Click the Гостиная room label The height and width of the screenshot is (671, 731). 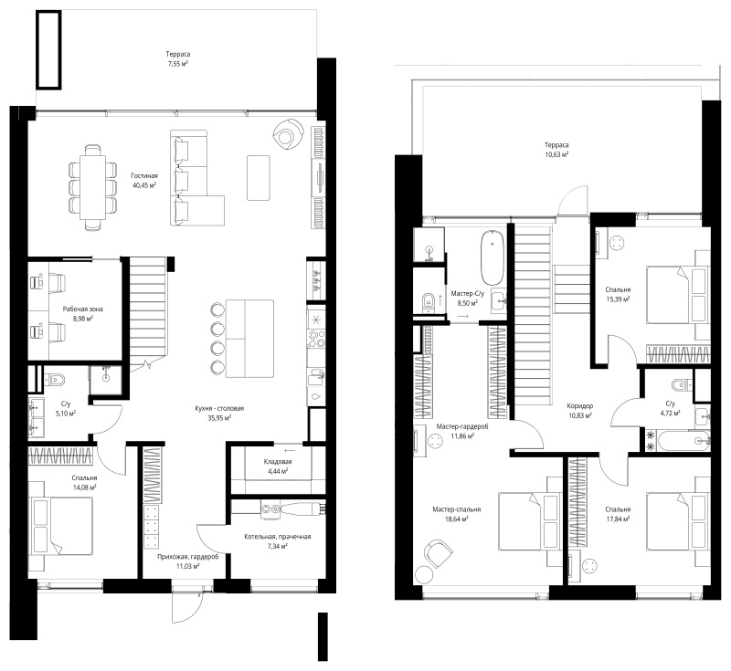point(144,175)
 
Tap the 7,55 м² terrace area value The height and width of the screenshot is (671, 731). point(178,63)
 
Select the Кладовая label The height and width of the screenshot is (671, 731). point(278,461)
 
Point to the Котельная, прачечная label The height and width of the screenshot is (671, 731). point(278,537)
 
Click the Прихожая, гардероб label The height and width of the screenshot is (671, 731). point(188,557)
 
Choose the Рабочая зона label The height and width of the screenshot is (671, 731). point(83,309)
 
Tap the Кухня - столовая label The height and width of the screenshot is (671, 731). point(219,408)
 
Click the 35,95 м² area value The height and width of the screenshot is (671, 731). point(219,418)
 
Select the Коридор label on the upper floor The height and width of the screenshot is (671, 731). point(580,405)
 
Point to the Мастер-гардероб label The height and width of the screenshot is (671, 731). point(462,426)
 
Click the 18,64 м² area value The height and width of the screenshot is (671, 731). point(456,519)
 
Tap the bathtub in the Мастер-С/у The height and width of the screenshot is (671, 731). point(493,257)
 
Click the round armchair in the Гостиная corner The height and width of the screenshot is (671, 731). point(288,133)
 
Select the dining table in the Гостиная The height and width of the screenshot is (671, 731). point(93,187)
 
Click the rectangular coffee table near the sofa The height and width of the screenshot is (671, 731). point(259,178)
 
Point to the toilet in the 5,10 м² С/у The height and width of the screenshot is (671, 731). point(55,379)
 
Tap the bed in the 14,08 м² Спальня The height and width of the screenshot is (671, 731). point(60,526)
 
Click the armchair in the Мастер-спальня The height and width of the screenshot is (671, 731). point(439,553)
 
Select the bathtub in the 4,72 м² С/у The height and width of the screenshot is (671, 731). point(683,441)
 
